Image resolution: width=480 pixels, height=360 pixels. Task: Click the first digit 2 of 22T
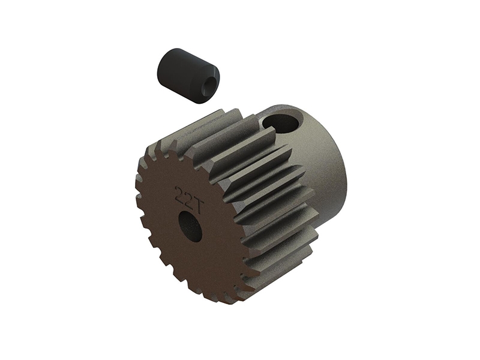179,193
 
